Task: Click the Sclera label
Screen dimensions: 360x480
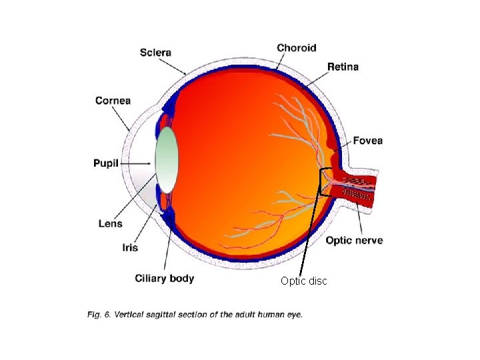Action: click(155, 52)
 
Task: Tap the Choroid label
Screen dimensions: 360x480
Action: click(296, 47)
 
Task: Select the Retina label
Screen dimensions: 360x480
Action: click(343, 67)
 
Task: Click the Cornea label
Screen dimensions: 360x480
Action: click(113, 101)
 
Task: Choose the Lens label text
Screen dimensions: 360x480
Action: click(110, 224)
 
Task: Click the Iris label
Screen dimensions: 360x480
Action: click(129, 247)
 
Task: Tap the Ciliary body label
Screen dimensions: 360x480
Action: click(164, 278)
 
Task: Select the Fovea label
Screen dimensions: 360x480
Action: click(367, 141)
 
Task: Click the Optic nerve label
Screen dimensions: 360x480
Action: click(354, 240)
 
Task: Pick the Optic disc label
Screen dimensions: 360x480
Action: click(303, 281)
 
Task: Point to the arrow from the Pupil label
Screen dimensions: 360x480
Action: click(137, 163)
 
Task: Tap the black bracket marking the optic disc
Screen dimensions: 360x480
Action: click(321, 181)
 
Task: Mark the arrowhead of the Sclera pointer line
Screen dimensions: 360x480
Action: click(186, 73)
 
